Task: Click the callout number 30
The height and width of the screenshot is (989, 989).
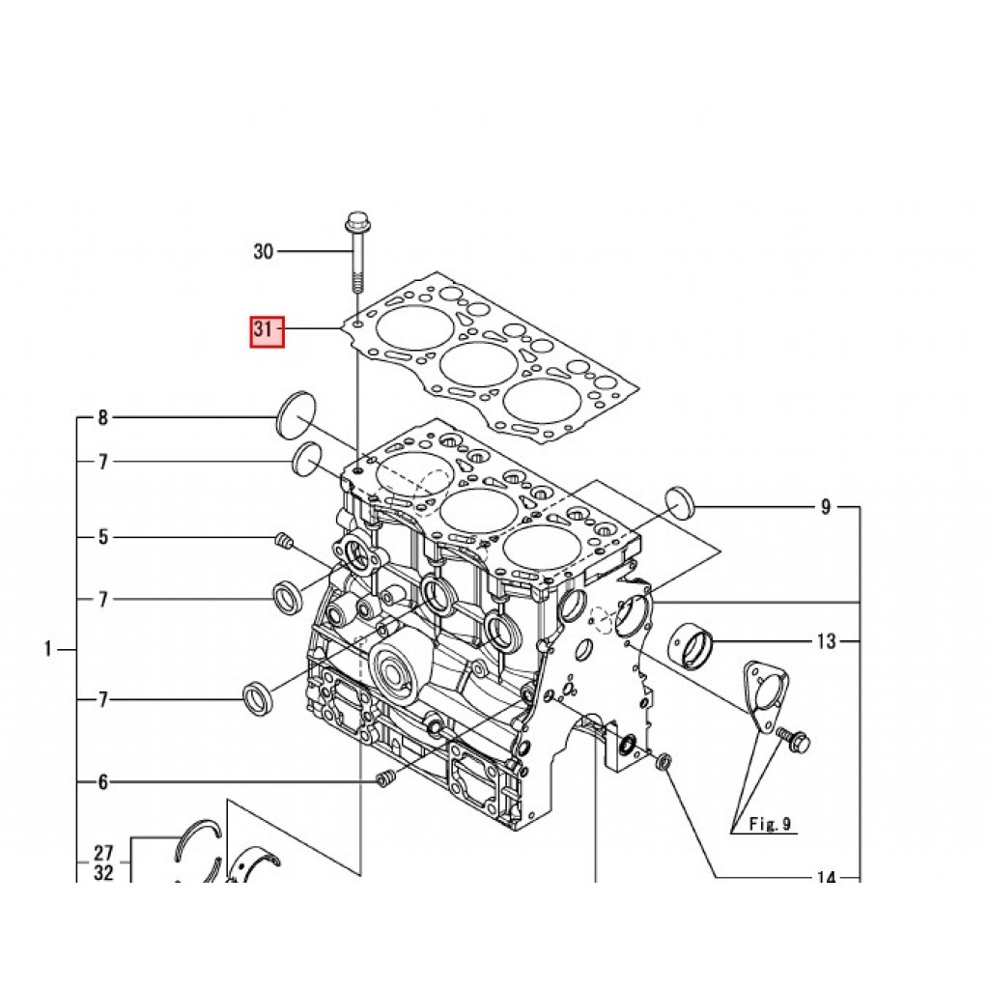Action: coord(263,252)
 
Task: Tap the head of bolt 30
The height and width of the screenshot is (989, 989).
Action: coord(357,222)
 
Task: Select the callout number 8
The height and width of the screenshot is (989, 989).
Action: coord(102,417)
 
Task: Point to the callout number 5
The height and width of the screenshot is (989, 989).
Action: coord(102,537)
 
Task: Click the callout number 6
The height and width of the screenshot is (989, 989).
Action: coord(102,782)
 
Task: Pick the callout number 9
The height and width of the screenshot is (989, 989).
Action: coord(826,507)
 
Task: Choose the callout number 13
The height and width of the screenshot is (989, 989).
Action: coord(827,641)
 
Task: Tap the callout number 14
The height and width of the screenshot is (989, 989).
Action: coord(827,877)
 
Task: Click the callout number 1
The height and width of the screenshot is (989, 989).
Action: coord(48,649)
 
